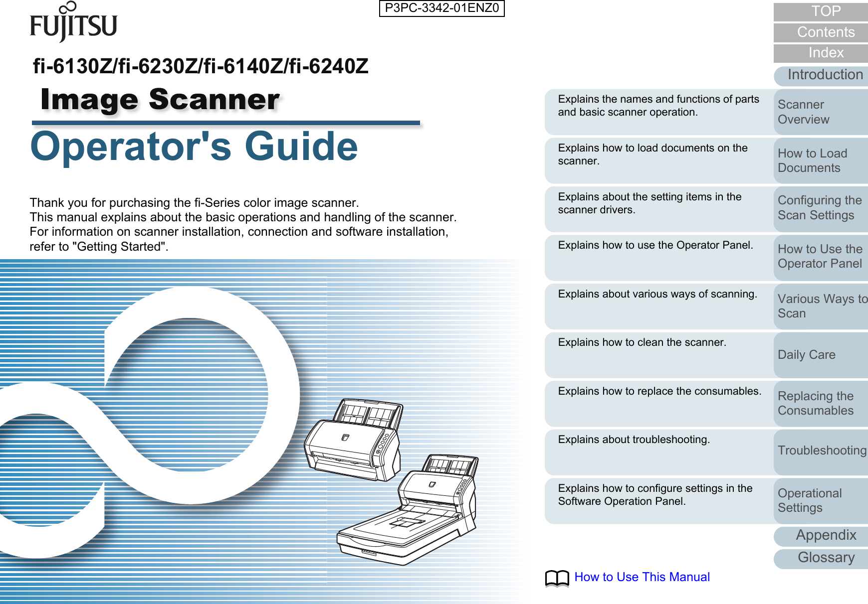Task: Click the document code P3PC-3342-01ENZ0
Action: [x=441, y=8]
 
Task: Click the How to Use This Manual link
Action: [x=642, y=577]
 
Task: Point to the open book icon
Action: [x=557, y=578]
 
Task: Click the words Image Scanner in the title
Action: [x=160, y=100]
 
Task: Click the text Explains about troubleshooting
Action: [x=634, y=440]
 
